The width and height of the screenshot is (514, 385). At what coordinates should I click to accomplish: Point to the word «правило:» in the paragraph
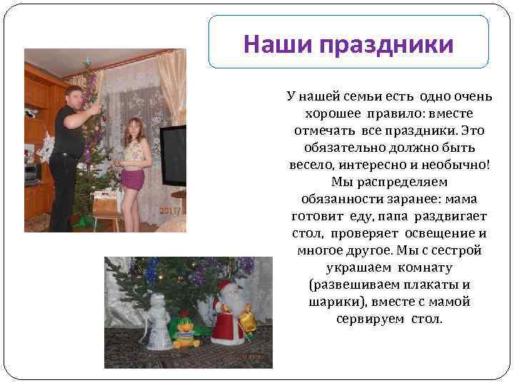[396, 114]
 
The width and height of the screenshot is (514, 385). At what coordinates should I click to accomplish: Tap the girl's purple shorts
[132, 178]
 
